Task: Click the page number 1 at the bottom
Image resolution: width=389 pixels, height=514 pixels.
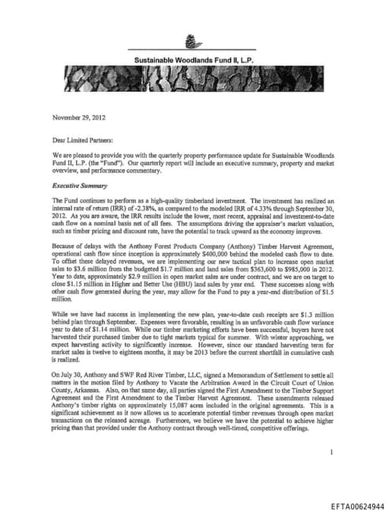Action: [x=333, y=452]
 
